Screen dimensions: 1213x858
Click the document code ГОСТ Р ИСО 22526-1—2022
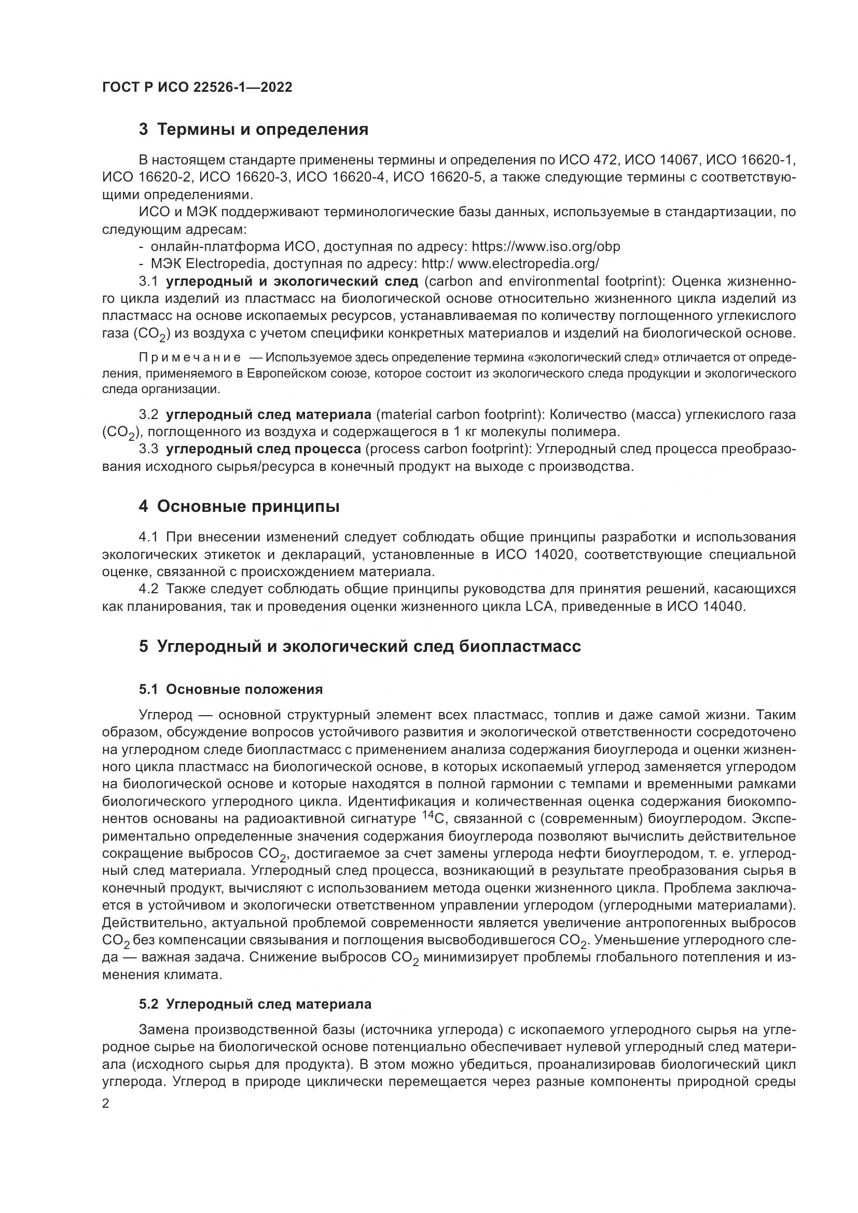click(x=197, y=88)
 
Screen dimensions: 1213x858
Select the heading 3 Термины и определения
click(x=254, y=130)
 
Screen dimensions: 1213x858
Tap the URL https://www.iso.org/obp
click(x=546, y=247)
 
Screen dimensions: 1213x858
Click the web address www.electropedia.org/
click(x=528, y=263)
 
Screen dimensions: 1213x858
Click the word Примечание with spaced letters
click(x=190, y=358)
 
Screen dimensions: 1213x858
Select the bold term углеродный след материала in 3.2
click(x=268, y=415)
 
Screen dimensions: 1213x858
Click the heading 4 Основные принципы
click(x=239, y=507)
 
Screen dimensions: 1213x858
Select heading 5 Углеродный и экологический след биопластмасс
click(x=360, y=647)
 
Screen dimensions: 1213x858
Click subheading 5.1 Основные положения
click(x=230, y=689)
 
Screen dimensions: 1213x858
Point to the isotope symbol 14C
click(x=435, y=818)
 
